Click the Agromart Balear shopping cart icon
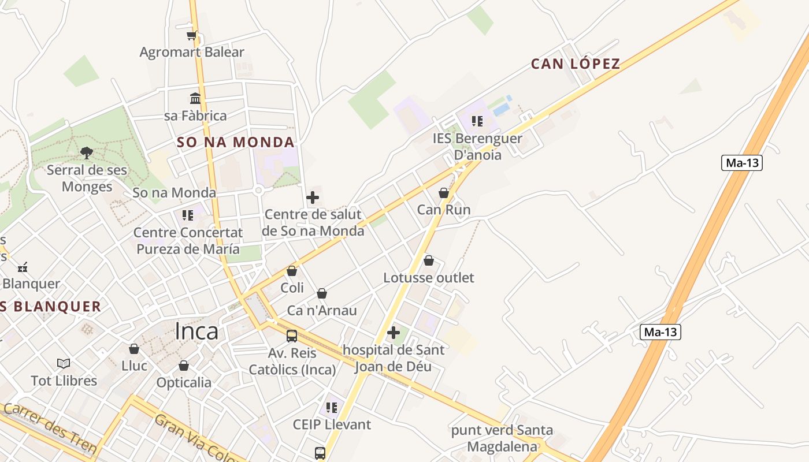192,36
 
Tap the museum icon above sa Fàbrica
195,99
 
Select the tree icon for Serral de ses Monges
87,153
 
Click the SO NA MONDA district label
236,142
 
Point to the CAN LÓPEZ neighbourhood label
576,64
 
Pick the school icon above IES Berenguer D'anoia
477,121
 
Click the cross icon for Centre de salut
313,198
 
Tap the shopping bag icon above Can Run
444,193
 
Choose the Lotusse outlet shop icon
429,261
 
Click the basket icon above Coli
292,271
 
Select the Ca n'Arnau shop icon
322,294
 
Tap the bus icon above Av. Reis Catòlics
292,336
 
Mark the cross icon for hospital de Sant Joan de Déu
394,333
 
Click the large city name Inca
196,331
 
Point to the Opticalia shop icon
184,366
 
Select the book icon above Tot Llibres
64,364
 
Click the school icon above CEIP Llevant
332,408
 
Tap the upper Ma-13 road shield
742,163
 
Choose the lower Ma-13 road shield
660,332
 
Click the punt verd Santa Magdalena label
502,438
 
